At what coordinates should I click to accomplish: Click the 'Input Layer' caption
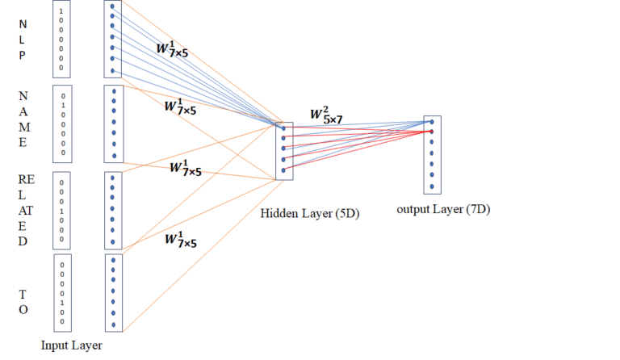pyautogui.click(x=72, y=345)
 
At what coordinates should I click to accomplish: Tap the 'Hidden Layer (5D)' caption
pyautogui.click(x=310, y=214)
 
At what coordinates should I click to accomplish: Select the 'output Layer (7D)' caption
pyautogui.click(x=443, y=209)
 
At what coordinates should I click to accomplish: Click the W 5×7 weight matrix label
pyautogui.click(x=326, y=115)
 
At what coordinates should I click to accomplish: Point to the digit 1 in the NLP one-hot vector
pyautogui.click(x=61, y=11)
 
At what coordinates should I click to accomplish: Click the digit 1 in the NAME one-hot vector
pyautogui.click(x=63, y=106)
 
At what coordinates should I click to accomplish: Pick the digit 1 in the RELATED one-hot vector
pyautogui.click(x=61, y=211)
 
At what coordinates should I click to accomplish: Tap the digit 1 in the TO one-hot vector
pyautogui.click(x=62, y=303)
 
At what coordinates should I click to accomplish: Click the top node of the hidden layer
pyautogui.click(x=283, y=128)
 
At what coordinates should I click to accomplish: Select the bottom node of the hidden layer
pyautogui.click(x=283, y=170)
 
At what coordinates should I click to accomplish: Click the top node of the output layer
pyautogui.click(x=432, y=122)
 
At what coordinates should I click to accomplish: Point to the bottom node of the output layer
pyautogui.click(x=432, y=186)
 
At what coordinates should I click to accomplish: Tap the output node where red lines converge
pyautogui.click(x=431, y=132)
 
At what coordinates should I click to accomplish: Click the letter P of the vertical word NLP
pyautogui.click(x=22, y=55)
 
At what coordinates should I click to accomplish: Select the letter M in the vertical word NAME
pyautogui.click(x=24, y=128)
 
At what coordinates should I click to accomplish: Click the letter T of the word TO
pyautogui.click(x=23, y=295)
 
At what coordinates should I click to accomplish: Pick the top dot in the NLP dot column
pyautogui.click(x=112, y=6)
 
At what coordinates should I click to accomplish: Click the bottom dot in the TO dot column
pyautogui.click(x=114, y=324)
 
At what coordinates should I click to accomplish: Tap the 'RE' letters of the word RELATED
pyautogui.click(x=27, y=179)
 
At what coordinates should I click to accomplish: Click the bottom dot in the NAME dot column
pyautogui.click(x=115, y=156)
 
